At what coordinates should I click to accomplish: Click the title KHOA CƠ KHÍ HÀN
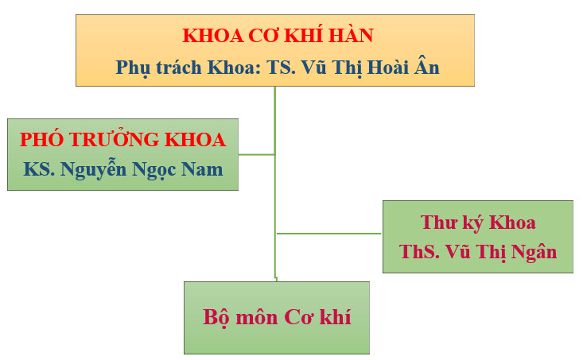click(x=278, y=35)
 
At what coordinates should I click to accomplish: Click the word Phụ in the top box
click(x=133, y=68)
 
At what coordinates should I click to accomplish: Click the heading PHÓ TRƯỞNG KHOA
click(x=122, y=139)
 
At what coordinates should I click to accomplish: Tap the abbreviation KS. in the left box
click(x=39, y=169)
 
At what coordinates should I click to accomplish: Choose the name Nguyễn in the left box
click(x=93, y=170)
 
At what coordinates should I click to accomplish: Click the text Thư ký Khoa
click(x=478, y=223)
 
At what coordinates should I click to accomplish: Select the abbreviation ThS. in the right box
click(x=419, y=251)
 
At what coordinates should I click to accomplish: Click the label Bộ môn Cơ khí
click(x=277, y=318)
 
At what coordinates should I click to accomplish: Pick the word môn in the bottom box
click(x=257, y=318)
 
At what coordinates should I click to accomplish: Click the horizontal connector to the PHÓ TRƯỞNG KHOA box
click(x=257, y=154)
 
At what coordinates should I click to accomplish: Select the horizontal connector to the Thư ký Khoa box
click(x=329, y=234)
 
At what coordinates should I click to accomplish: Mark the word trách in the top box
click(x=179, y=68)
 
